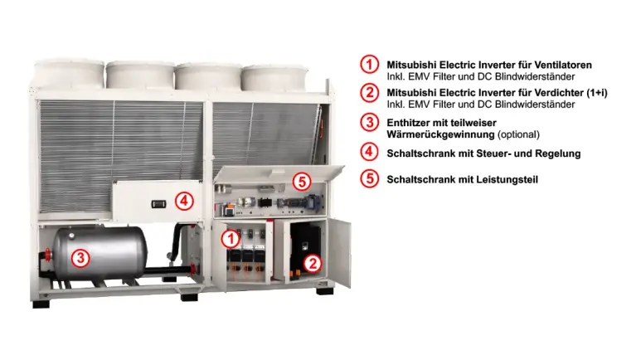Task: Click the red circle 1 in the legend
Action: pos(369,64)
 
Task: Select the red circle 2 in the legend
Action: pos(369,93)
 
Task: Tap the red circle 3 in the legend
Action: pos(369,122)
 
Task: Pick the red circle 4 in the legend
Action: pos(369,152)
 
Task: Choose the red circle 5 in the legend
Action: pos(369,178)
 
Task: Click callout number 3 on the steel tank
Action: pos(80,258)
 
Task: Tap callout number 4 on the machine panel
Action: pos(184,201)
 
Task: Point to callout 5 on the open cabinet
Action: pos(302,182)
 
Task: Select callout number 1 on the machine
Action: pos(231,239)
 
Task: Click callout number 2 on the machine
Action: pos(313,264)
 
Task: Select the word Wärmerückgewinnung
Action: pos(440,134)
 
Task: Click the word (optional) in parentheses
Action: pos(518,134)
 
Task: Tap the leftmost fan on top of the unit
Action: pos(69,74)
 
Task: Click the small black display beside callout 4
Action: pos(158,204)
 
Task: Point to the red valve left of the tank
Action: pos(48,255)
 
